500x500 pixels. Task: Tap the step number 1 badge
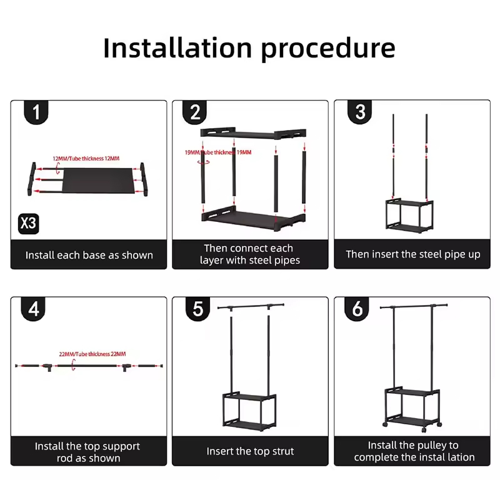(x=36, y=112)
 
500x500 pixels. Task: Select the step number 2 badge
(x=195, y=112)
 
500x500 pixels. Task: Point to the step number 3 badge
(x=360, y=112)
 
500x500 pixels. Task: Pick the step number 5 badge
(x=198, y=310)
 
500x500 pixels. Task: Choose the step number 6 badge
(x=357, y=310)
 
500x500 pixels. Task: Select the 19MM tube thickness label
(x=218, y=152)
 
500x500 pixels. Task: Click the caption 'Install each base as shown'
(x=89, y=255)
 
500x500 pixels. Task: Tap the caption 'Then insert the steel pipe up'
(x=413, y=254)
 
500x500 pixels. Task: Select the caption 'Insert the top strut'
(x=250, y=451)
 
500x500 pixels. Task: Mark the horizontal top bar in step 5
(x=250, y=306)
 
